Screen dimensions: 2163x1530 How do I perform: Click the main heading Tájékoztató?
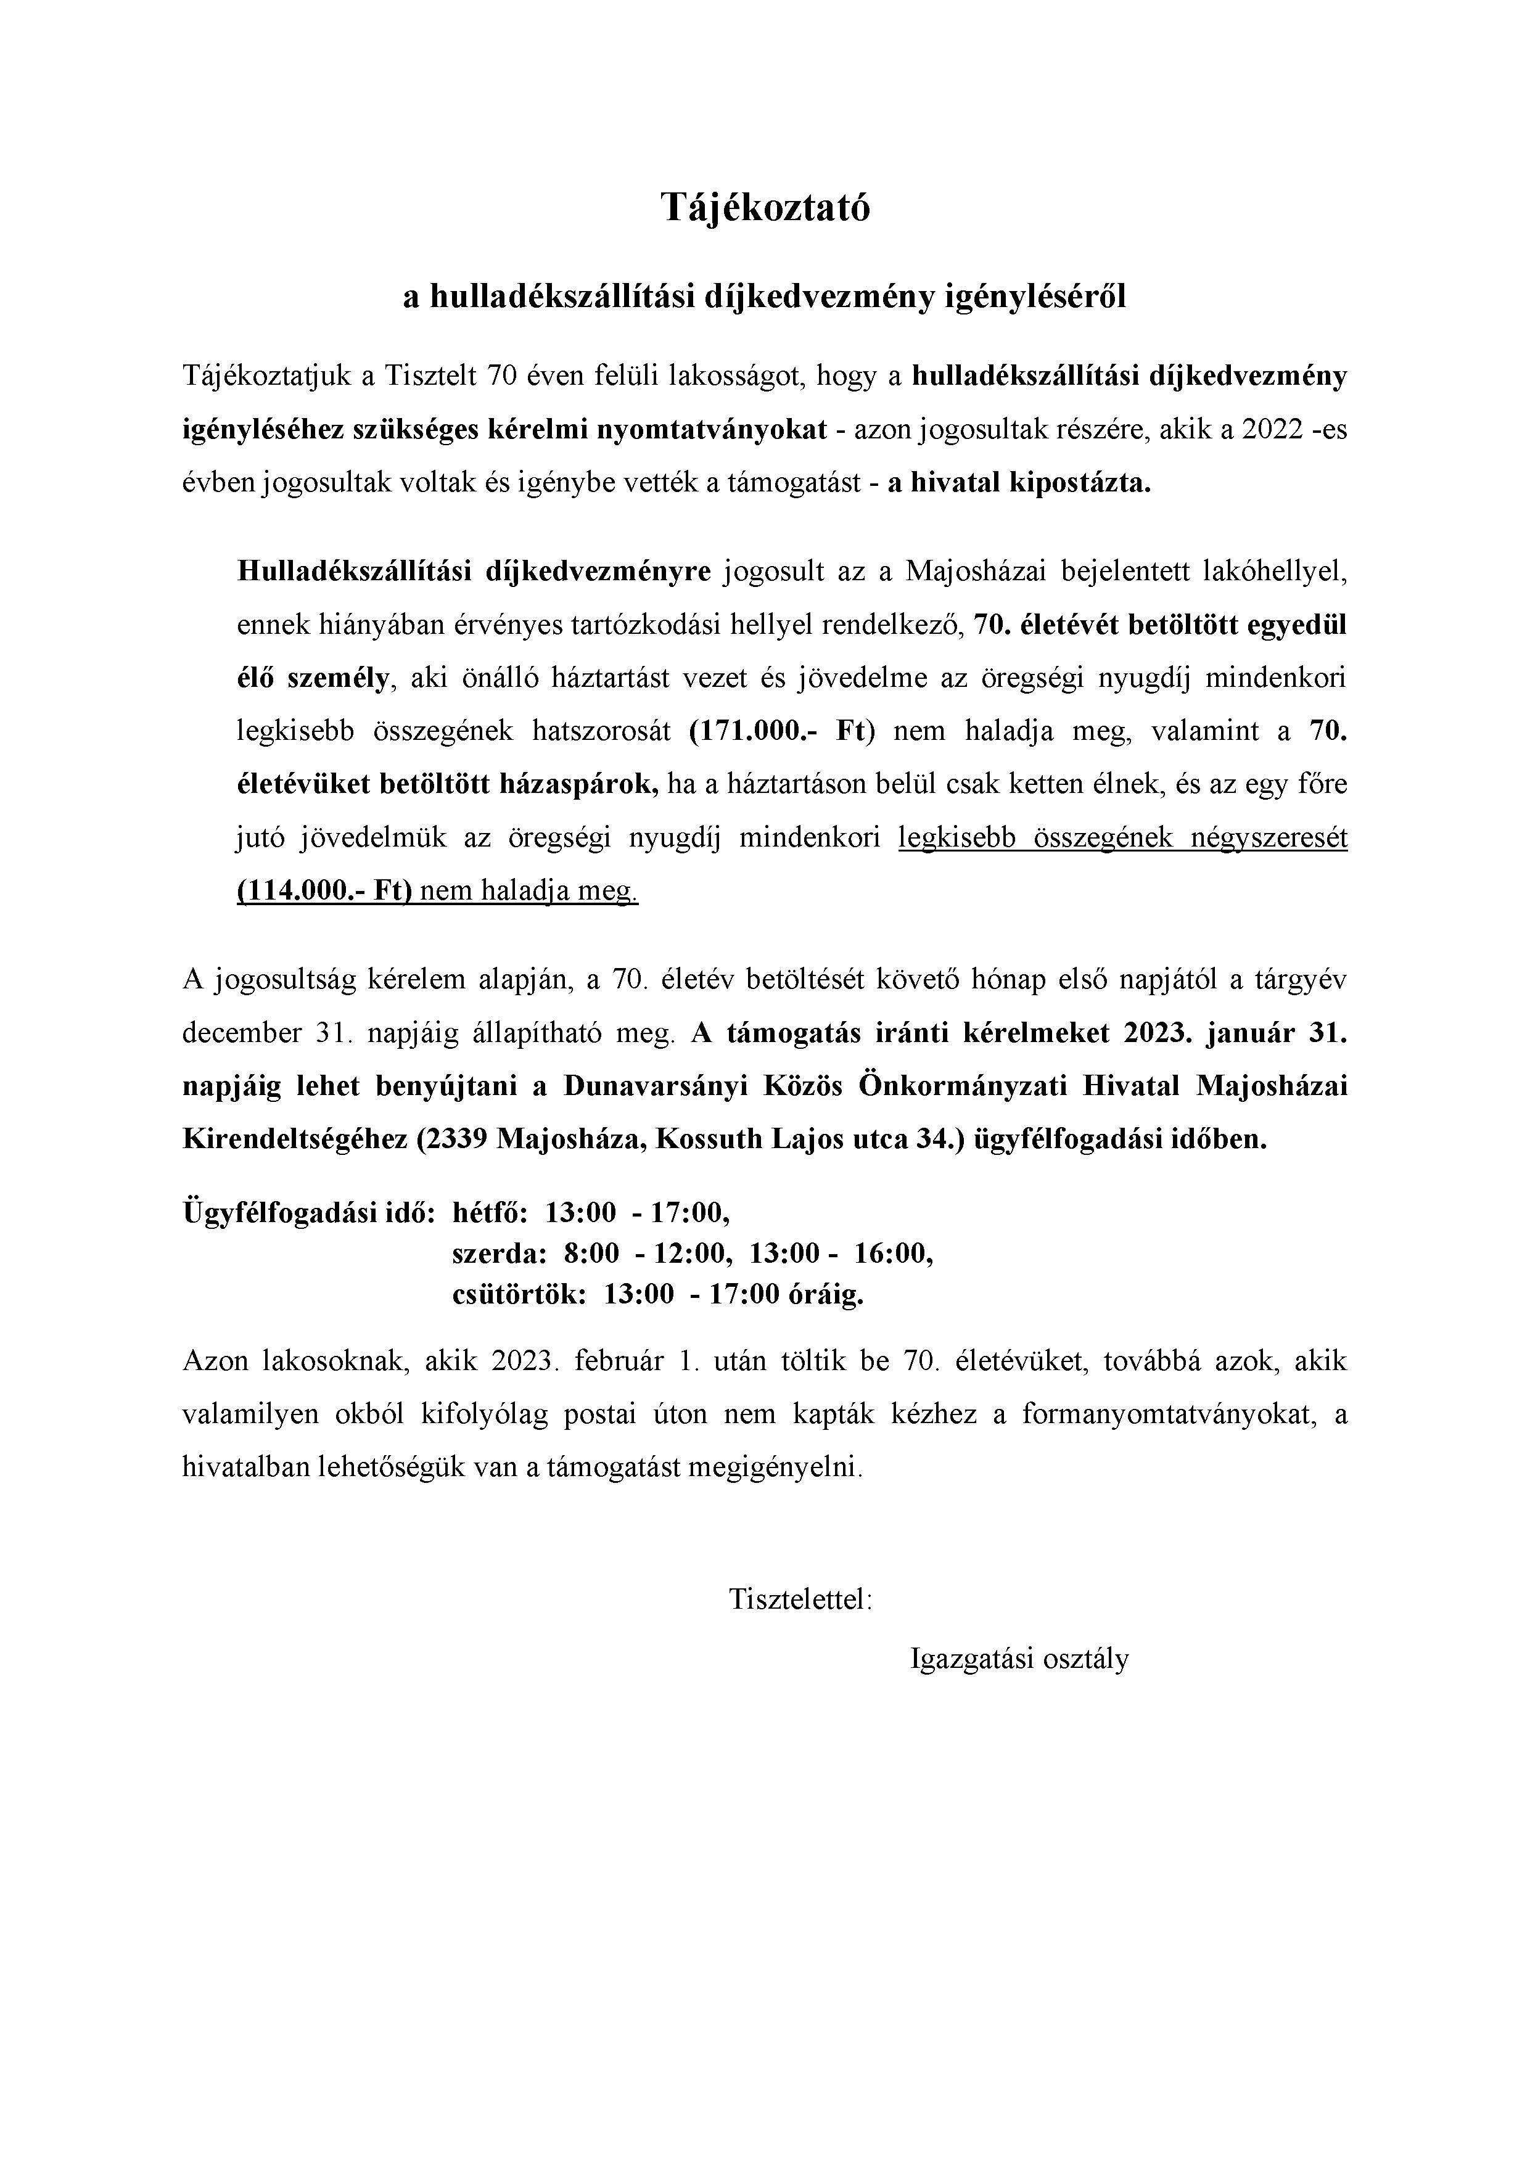pyautogui.click(x=764, y=207)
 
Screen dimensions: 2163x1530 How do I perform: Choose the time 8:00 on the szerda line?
pyautogui.click(x=591, y=1254)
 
